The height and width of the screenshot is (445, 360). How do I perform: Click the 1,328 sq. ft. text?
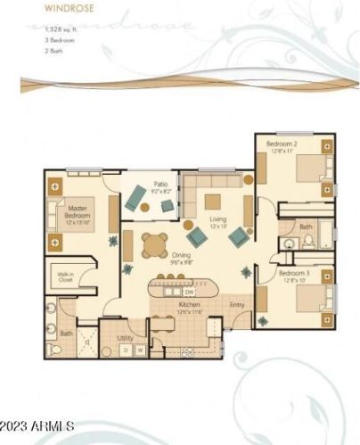(x=40, y=32)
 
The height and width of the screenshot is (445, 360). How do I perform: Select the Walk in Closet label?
(x=65, y=276)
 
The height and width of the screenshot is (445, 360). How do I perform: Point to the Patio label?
(x=160, y=187)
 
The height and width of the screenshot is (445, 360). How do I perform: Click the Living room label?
(x=217, y=222)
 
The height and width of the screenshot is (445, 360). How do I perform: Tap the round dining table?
(x=153, y=243)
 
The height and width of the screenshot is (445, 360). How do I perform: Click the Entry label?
(x=237, y=306)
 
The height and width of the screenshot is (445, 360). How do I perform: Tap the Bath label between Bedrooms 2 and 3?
(x=306, y=227)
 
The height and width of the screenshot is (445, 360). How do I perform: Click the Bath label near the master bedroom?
(x=67, y=334)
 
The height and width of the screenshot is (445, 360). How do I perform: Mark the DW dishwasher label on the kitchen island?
(x=189, y=292)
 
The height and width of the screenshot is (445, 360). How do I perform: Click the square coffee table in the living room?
(x=213, y=201)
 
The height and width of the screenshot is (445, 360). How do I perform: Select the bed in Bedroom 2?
(x=312, y=169)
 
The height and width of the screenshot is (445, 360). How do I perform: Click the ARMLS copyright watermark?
(x=37, y=427)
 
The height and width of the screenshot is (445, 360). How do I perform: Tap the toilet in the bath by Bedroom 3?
(x=308, y=241)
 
